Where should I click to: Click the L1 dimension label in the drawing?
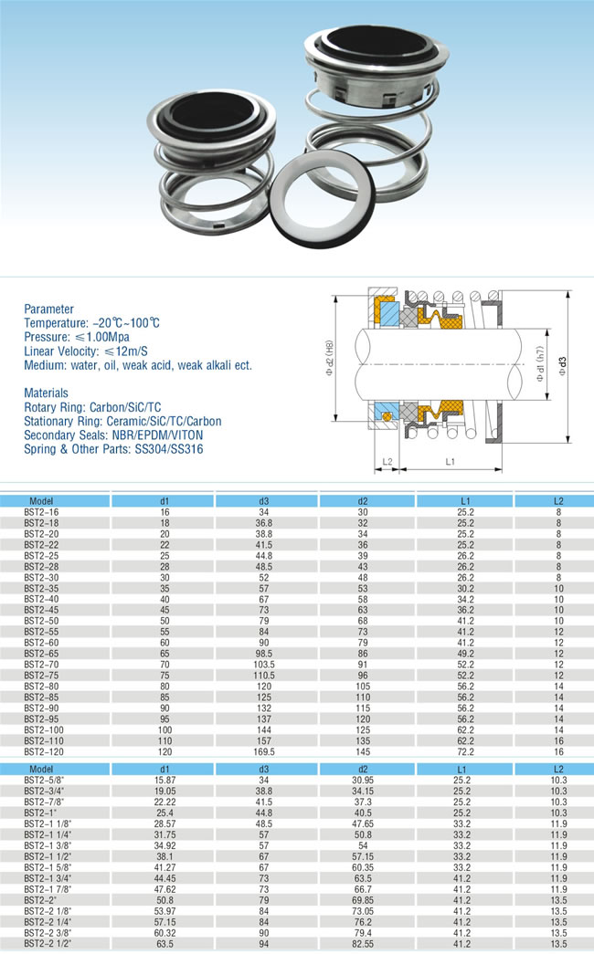tap(450, 463)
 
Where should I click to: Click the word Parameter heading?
tap(49, 309)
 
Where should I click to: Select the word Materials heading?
tap(48, 393)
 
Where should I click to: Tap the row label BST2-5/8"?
tap(44, 781)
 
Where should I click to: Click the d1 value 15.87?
tap(164, 781)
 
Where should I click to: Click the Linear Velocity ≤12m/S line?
tap(88, 351)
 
